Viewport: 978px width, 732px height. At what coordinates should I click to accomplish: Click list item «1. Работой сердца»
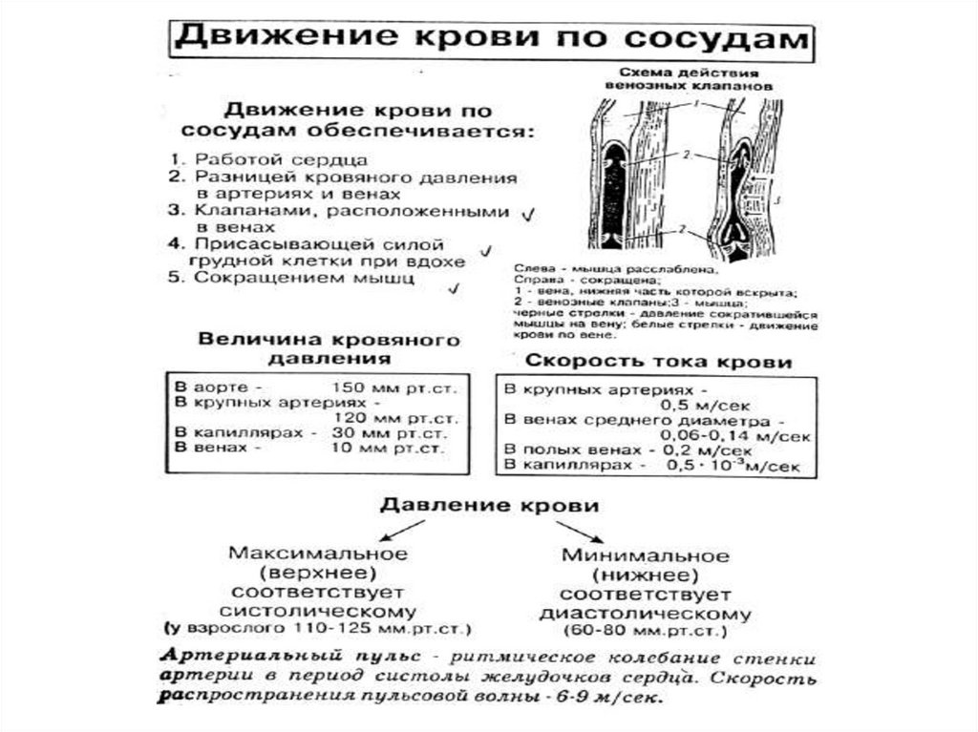tap(266, 158)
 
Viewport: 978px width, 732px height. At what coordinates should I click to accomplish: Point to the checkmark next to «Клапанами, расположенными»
tap(527, 217)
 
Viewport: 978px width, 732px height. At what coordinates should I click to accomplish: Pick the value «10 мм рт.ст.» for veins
tap(387, 447)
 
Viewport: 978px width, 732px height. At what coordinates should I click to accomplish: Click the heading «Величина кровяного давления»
tap(329, 349)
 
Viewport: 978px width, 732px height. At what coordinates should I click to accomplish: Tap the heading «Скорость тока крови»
tap(658, 362)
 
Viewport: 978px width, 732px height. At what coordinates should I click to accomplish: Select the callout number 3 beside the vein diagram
tap(778, 199)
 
